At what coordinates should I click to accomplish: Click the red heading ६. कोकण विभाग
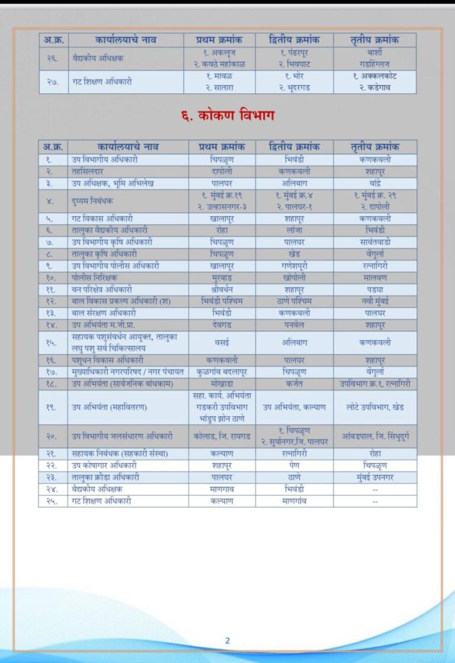pyautogui.click(x=227, y=115)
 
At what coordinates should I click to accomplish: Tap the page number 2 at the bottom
pyautogui.click(x=227, y=640)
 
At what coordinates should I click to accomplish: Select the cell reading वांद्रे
pyautogui.click(x=374, y=183)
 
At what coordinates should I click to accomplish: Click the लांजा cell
pyautogui.click(x=294, y=230)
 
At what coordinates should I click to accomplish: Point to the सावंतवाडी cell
pyautogui.click(x=374, y=242)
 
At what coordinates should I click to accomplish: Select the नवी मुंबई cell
pyautogui.click(x=374, y=301)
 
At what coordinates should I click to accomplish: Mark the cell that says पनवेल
pyautogui.click(x=294, y=325)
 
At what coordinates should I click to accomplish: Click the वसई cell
pyautogui.click(x=222, y=342)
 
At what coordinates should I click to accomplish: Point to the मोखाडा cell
pyautogui.click(x=222, y=384)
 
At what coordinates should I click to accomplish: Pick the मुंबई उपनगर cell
pyautogui.click(x=374, y=477)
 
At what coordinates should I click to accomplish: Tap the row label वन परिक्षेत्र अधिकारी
pyautogui.click(x=101, y=289)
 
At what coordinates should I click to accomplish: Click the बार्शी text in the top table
pyautogui.click(x=374, y=53)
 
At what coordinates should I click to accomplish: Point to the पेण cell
pyautogui.click(x=294, y=466)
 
